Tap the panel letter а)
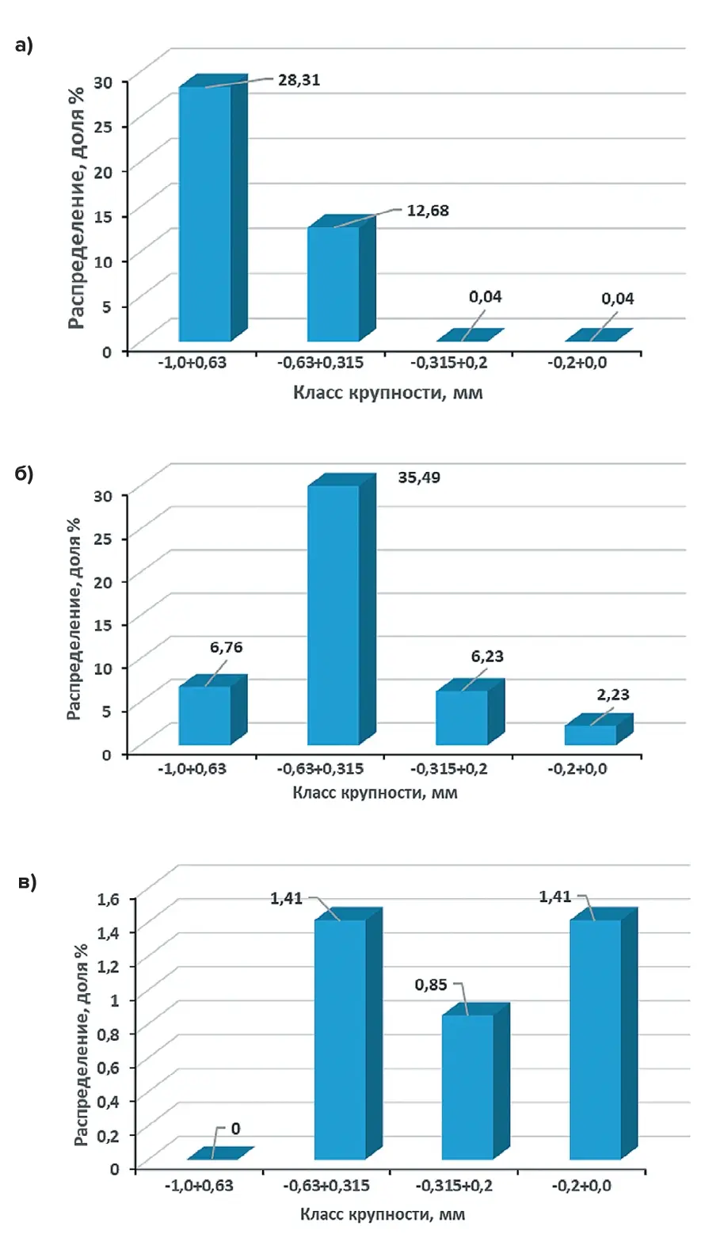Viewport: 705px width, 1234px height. [24, 46]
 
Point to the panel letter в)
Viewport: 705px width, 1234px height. [28, 883]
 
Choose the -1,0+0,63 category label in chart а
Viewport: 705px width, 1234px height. [192, 364]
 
